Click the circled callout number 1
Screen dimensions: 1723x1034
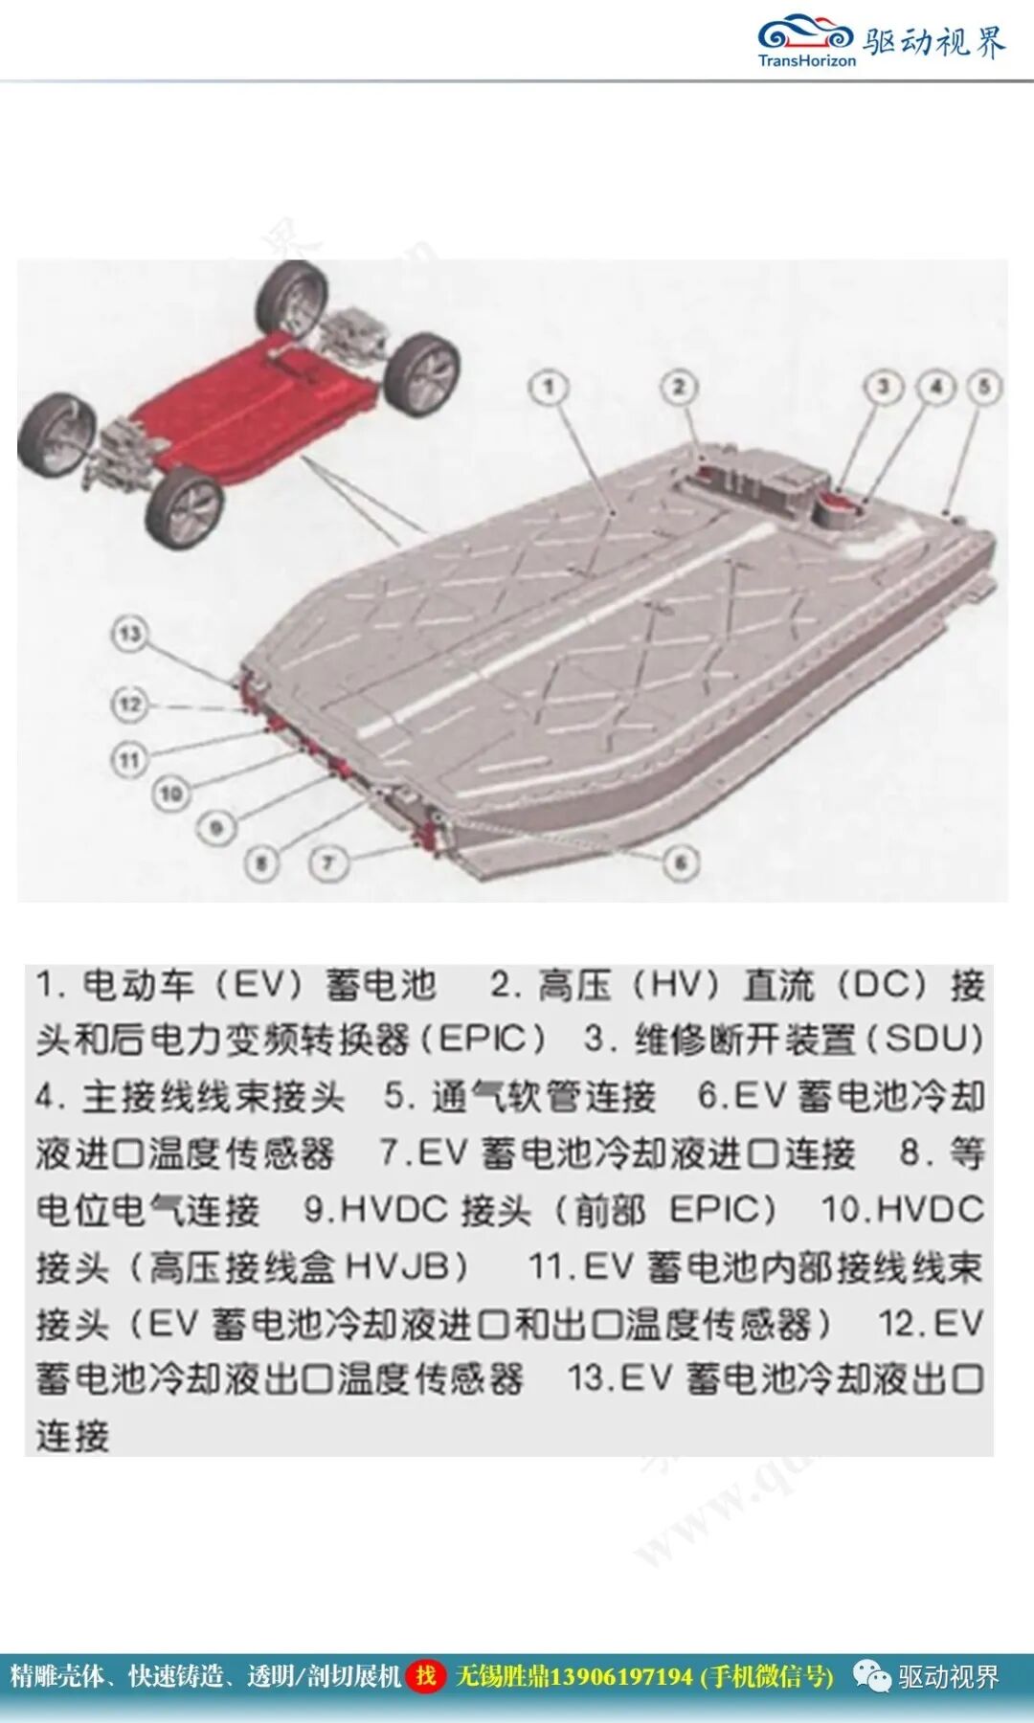pos(549,388)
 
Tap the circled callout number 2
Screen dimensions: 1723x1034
pos(679,388)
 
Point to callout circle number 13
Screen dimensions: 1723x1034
pos(130,634)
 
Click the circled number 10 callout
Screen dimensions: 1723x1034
pos(171,794)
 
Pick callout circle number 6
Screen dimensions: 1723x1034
pos(681,862)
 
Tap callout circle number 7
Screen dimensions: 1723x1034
pos(327,863)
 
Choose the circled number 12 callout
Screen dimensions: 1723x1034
pos(130,705)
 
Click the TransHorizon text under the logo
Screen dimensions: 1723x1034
pos(806,61)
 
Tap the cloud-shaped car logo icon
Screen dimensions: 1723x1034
pos(805,34)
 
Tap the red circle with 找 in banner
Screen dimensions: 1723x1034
pos(426,1676)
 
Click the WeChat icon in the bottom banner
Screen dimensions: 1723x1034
pos(871,1676)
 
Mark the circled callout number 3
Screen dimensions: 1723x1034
pos(884,388)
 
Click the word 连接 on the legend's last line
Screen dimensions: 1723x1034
pos(73,1436)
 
